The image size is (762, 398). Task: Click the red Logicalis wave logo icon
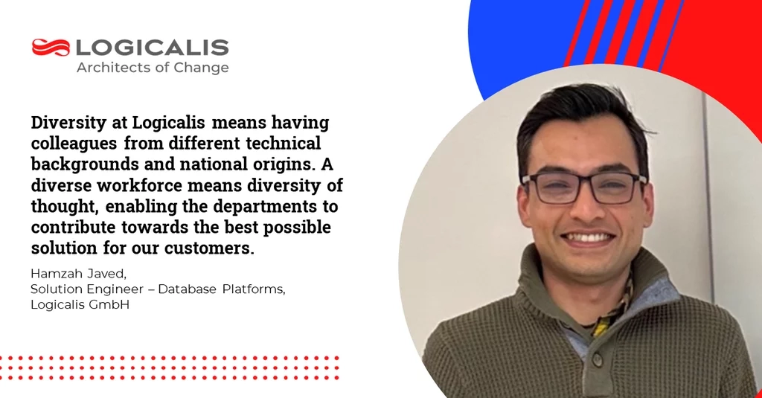coord(51,48)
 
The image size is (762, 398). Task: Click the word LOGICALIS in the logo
coord(152,48)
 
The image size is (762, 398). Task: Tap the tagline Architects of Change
coord(153,68)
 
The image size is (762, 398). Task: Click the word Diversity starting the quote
coord(68,123)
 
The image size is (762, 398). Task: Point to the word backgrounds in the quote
coord(85,164)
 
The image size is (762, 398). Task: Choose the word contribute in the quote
coord(74,228)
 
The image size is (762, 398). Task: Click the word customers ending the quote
coord(209,248)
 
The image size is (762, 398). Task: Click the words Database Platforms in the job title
coord(222,289)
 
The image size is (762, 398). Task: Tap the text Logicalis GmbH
coord(80,305)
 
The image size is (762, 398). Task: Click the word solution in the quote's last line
coord(64,248)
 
